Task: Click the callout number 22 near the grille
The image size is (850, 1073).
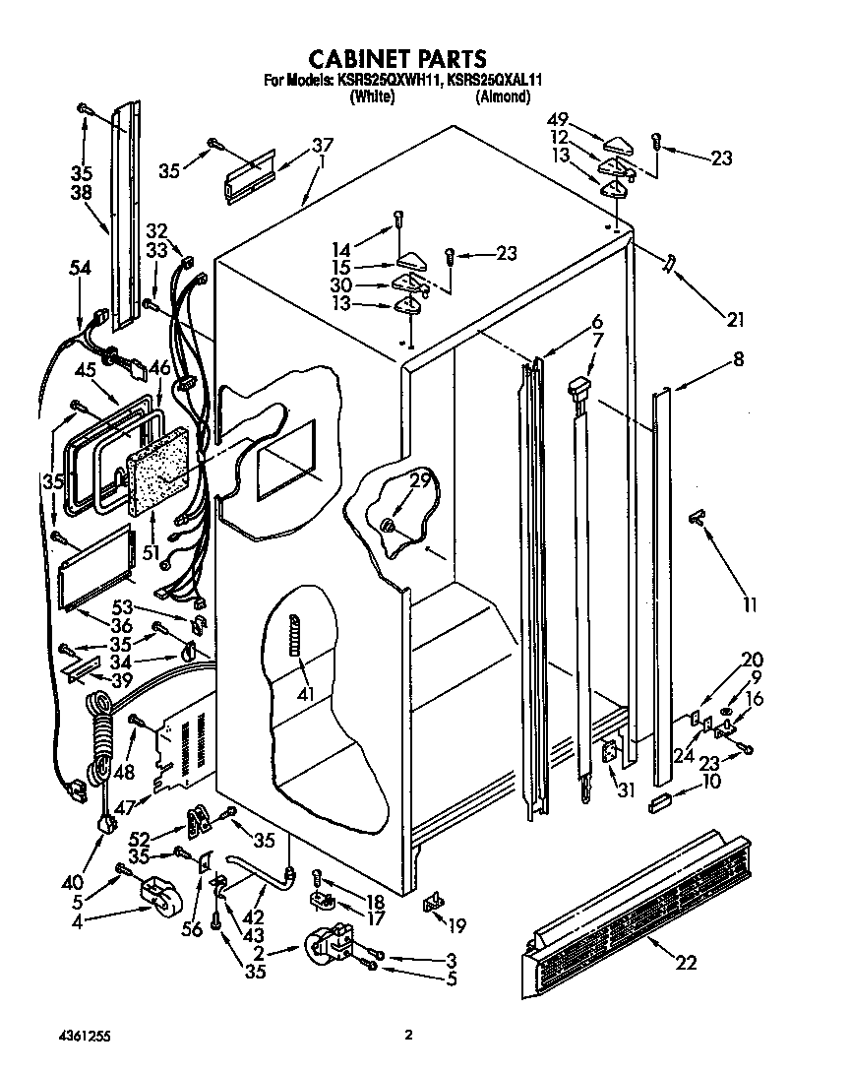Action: point(686,962)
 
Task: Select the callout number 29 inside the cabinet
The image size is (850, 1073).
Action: point(420,481)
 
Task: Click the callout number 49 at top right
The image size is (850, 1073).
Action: point(559,120)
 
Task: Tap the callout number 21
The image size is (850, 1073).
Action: point(735,319)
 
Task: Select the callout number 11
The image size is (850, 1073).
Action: point(750,604)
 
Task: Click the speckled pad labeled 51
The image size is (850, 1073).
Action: point(157,477)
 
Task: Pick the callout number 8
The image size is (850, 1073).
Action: point(737,360)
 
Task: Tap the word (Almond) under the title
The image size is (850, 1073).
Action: point(503,96)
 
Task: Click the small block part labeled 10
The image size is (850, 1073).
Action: point(659,806)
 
